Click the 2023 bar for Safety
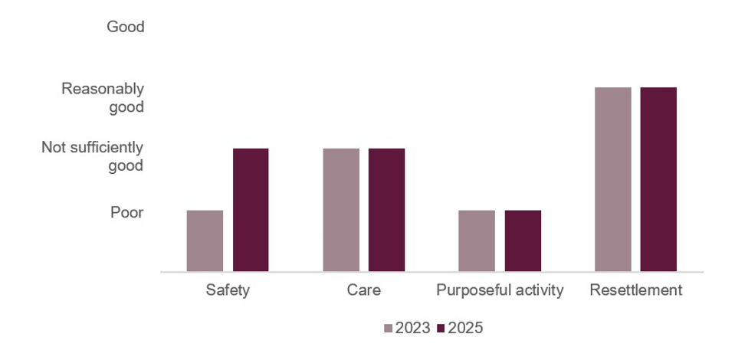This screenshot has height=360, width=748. point(205,241)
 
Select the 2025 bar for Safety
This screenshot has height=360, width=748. point(251,210)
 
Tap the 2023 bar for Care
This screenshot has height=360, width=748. point(340,210)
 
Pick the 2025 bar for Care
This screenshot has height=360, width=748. point(386,210)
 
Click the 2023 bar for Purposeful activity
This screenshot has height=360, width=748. point(477,241)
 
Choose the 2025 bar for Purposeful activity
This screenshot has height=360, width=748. point(523,241)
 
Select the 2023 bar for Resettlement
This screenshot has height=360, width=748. point(612,179)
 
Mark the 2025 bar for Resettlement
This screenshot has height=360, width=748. point(658,179)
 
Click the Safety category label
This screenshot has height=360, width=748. point(228,291)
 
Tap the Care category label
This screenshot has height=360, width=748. point(363,291)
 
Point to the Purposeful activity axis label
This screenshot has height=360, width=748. point(500,291)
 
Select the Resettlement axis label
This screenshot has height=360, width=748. point(635,291)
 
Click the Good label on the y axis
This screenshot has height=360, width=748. point(125,28)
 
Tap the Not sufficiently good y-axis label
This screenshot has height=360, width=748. point(92,156)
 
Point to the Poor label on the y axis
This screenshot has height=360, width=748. point(127,212)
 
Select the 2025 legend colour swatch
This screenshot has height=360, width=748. point(441,329)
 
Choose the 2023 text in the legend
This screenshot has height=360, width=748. point(412,329)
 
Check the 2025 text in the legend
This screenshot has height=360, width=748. point(465,329)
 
